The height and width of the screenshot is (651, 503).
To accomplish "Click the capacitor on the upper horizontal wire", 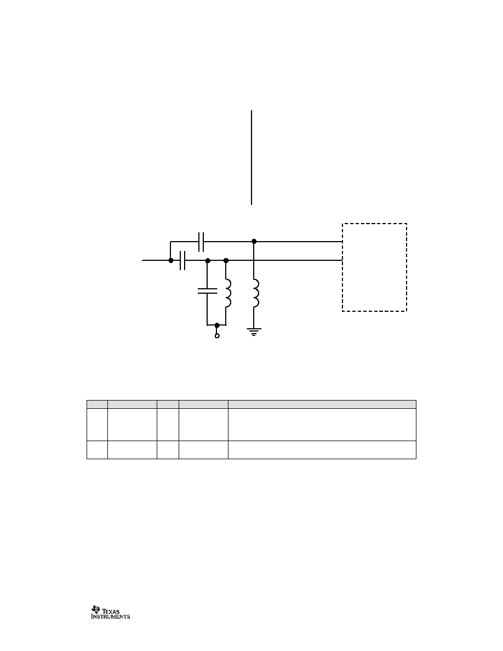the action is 201,242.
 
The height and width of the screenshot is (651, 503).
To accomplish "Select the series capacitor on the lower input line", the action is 182,260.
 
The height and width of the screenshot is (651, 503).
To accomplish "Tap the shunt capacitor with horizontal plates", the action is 207,290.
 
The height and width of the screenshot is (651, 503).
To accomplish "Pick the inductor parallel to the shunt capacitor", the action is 228,294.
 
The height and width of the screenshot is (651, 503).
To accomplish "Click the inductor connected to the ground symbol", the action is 256,294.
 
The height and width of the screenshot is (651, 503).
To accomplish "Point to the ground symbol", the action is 254,332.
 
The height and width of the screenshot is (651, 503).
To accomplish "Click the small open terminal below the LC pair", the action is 216,335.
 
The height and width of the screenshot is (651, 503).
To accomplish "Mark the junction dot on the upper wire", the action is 254,241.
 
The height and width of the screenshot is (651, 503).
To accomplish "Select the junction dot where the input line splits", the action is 171,260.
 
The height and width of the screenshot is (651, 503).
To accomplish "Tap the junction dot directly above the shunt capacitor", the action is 208,260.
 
